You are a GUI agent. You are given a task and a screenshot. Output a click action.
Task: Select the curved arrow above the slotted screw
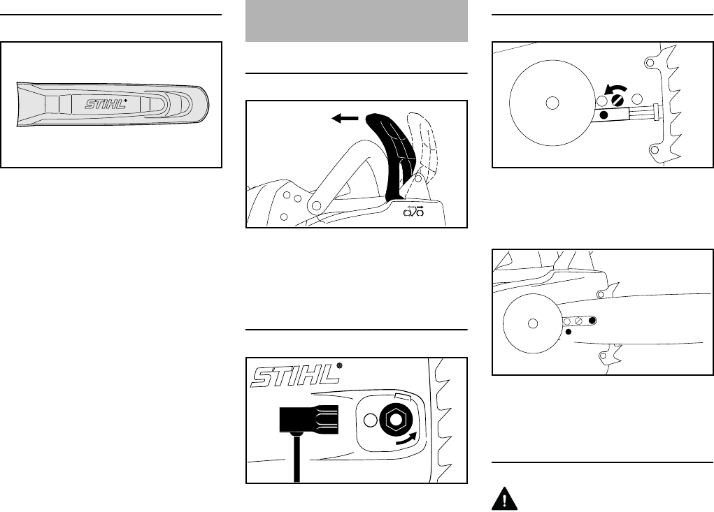tap(616, 88)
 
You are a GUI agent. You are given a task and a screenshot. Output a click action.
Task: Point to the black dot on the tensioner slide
tap(604, 114)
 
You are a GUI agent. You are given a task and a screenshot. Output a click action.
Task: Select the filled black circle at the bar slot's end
tap(592, 320)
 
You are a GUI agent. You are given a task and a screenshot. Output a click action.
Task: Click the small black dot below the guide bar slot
tap(568, 333)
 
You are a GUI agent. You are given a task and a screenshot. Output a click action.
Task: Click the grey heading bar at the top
tap(357, 21)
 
